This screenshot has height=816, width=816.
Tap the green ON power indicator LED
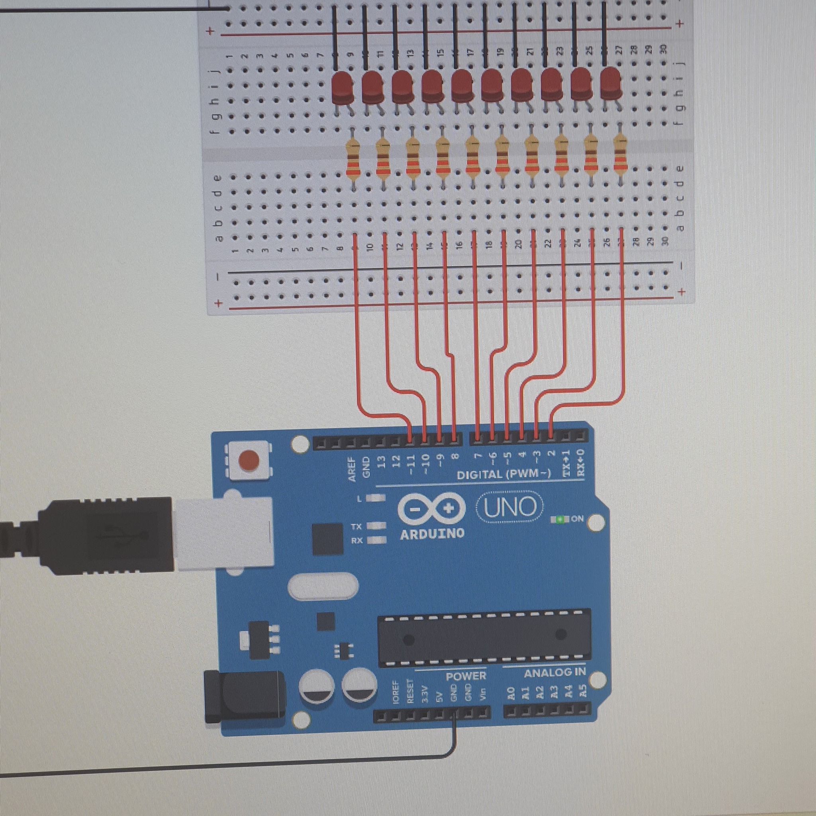[561, 519]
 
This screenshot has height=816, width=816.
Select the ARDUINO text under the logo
[432, 534]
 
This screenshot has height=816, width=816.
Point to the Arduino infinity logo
[431, 509]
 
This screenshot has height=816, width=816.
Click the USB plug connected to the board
[106, 535]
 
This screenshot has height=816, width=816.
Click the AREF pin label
[352, 469]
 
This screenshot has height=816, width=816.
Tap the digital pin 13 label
[381, 462]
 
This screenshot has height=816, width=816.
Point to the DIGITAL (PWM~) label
[504, 474]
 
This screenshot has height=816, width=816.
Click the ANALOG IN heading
[555, 673]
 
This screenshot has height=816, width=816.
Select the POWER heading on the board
[466, 676]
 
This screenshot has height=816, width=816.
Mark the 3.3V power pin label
[425, 694]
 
